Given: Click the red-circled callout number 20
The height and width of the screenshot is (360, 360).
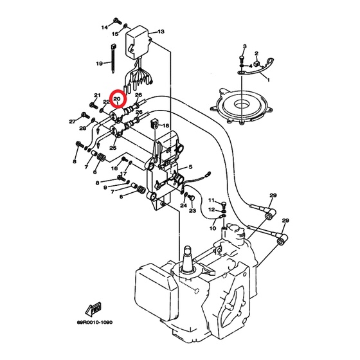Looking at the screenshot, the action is point(117,99).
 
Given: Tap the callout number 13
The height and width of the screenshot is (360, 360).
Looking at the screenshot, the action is point(161,32).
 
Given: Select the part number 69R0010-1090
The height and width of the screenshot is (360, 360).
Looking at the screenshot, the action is point(95,322).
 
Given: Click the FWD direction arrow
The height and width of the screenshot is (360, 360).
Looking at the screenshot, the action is point(93,309).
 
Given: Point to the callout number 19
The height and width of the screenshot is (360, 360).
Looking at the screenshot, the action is point(99,64).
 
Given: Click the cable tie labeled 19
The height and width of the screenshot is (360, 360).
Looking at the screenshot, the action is point(113,59).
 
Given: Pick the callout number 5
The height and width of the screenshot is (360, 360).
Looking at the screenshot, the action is point(190,167).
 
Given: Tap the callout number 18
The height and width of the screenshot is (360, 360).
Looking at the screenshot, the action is point(166,125).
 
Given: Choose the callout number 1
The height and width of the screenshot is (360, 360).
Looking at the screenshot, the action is point(268,80).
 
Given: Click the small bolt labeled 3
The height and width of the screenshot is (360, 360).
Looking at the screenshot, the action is point(242,59).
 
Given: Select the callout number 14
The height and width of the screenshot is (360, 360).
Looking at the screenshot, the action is point(104,28).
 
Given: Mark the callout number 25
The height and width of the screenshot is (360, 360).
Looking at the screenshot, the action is point(113,148).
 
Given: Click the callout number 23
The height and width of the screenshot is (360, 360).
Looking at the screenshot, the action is point(192,210).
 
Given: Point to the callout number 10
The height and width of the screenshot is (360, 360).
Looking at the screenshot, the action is point(213,228).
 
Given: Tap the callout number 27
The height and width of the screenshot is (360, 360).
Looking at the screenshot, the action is point(72,122).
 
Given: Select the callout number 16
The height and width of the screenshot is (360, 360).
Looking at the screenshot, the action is point(114,168).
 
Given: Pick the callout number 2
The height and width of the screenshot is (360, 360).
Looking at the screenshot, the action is point(256,53).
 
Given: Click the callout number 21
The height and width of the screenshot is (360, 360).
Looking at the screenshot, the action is point(97,95).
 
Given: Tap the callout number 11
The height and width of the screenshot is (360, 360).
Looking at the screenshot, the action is point(212,200).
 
